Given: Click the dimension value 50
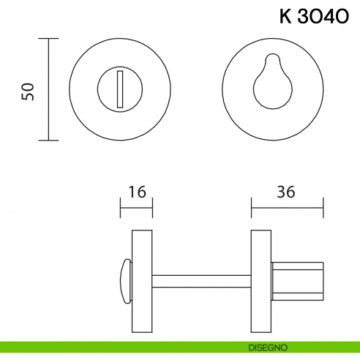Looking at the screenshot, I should (29, 91).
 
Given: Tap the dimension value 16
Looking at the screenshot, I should (137, 192).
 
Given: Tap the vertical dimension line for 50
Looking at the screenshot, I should (49, 89).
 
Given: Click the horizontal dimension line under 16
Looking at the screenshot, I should (136, 208).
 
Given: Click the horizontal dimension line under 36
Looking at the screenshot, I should (287, 208).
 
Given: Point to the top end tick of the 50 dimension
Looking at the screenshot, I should (49, 39).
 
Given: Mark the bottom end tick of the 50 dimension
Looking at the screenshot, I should (49, 140).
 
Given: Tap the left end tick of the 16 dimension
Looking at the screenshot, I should (121, 208).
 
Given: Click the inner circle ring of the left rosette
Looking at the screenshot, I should (99, 89).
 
